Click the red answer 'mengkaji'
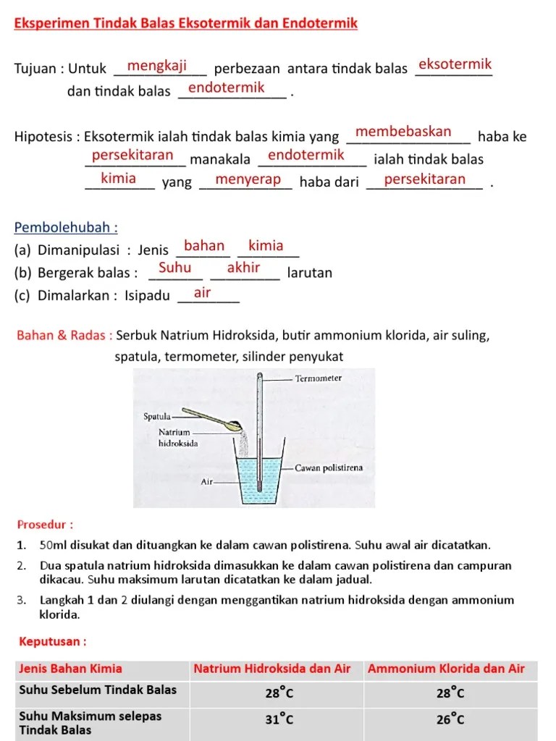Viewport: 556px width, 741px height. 157,67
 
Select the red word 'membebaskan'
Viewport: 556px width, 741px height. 403,132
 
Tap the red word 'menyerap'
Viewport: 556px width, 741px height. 248,179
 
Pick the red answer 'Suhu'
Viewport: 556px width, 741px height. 174,268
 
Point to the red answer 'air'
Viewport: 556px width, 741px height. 203,292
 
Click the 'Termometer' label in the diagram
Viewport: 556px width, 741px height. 319,378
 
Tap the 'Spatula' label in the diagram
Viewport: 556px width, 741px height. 156,416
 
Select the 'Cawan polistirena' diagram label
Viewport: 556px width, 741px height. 329,468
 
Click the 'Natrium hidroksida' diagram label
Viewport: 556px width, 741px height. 177,438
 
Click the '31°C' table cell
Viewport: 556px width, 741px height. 279,719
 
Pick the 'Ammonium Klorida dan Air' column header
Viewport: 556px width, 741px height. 446,669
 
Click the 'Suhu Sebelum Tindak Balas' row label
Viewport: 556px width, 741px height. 98,690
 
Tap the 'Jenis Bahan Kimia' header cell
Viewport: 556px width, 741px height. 71,669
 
